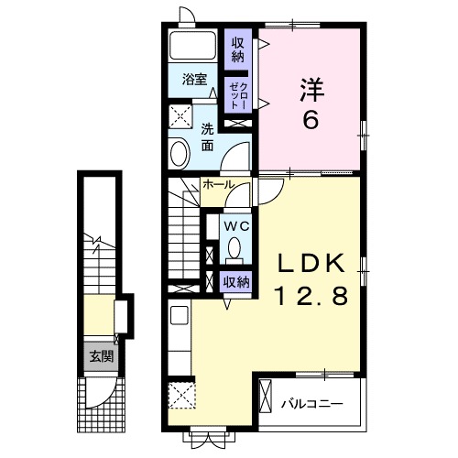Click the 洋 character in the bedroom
click(310, 90)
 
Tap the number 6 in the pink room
click(310, 119)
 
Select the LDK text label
click(313, 264)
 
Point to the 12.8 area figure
click(313, 296)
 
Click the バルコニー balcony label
click(311, 401)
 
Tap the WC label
click(235, 224)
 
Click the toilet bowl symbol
click(234, 247)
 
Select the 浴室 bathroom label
click(193, 80)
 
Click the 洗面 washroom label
click(208, 136)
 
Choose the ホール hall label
click(218, 185)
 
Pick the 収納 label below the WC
click(236, 282)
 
